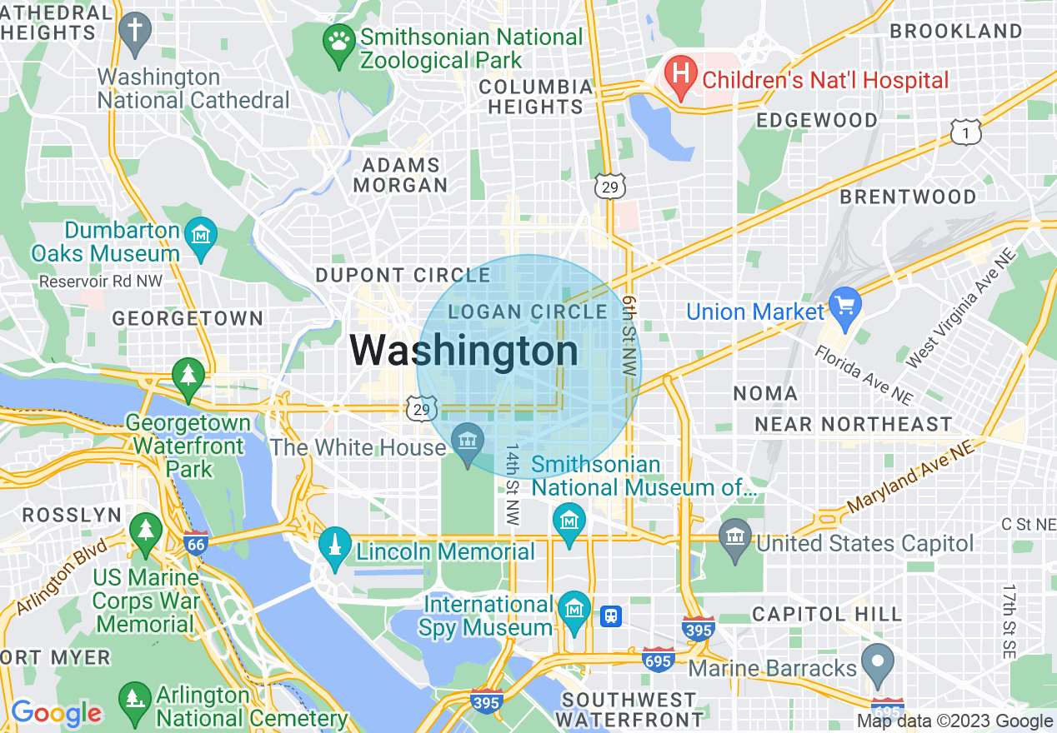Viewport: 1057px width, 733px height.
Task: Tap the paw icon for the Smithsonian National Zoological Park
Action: [338, 40]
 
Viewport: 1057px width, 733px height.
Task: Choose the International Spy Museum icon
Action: [574, 610]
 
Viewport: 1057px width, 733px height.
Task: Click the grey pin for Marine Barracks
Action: [876, 663]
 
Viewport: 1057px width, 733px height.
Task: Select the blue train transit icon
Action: [611, 616]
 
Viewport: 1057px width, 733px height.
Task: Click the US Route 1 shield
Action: [965, 132]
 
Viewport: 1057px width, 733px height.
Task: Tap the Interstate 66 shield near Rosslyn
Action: [195, 544]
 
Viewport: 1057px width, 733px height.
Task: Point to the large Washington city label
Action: [463, 351]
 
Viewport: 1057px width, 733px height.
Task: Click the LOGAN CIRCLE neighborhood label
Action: [528, 312]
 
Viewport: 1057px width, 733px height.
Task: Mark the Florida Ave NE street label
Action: [864, 374]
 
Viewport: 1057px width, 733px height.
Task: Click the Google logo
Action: [56, 713]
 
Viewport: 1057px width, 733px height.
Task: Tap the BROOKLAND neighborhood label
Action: [955, 32]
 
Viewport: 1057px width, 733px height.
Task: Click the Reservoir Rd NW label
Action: [101, 282]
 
